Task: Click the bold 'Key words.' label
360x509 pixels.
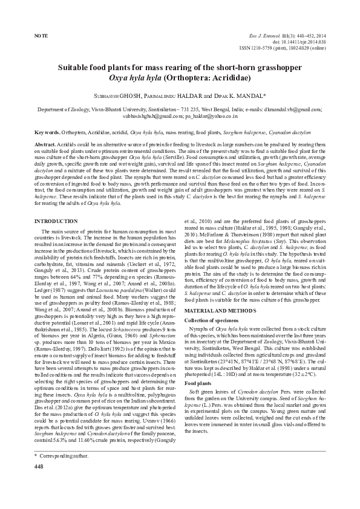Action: [47, 132]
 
